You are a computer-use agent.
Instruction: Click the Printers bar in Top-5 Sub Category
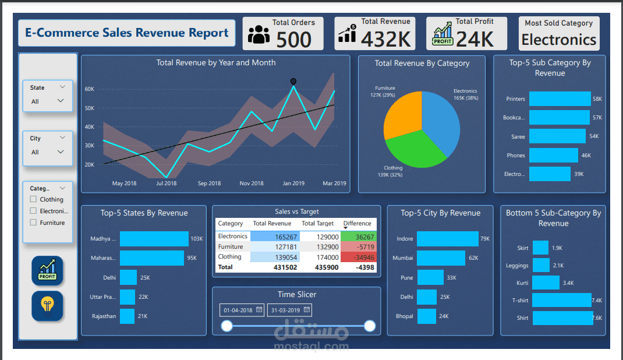(560, 99)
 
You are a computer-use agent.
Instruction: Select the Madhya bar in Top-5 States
(154, 239)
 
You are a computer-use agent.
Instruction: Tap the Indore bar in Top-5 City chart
(448, 239)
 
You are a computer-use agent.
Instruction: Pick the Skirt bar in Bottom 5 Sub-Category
(540, 248)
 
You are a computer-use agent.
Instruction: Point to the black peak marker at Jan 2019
(293, 82)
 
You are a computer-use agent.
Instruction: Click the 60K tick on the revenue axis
(89, 89)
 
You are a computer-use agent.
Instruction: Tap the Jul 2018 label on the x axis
(166, 183)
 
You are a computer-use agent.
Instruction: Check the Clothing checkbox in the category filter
(33, 199)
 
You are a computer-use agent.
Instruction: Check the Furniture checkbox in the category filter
(33, 223)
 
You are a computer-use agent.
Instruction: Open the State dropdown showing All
(48, 101)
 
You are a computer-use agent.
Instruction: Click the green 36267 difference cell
(359, 237)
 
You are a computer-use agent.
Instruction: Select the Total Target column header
(317, 224)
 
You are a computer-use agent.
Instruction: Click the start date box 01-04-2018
(242, 310)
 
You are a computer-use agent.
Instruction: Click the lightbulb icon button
(47, 306)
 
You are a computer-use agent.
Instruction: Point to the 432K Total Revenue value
(386, 39)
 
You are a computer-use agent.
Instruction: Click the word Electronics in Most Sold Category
(558, 40)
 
